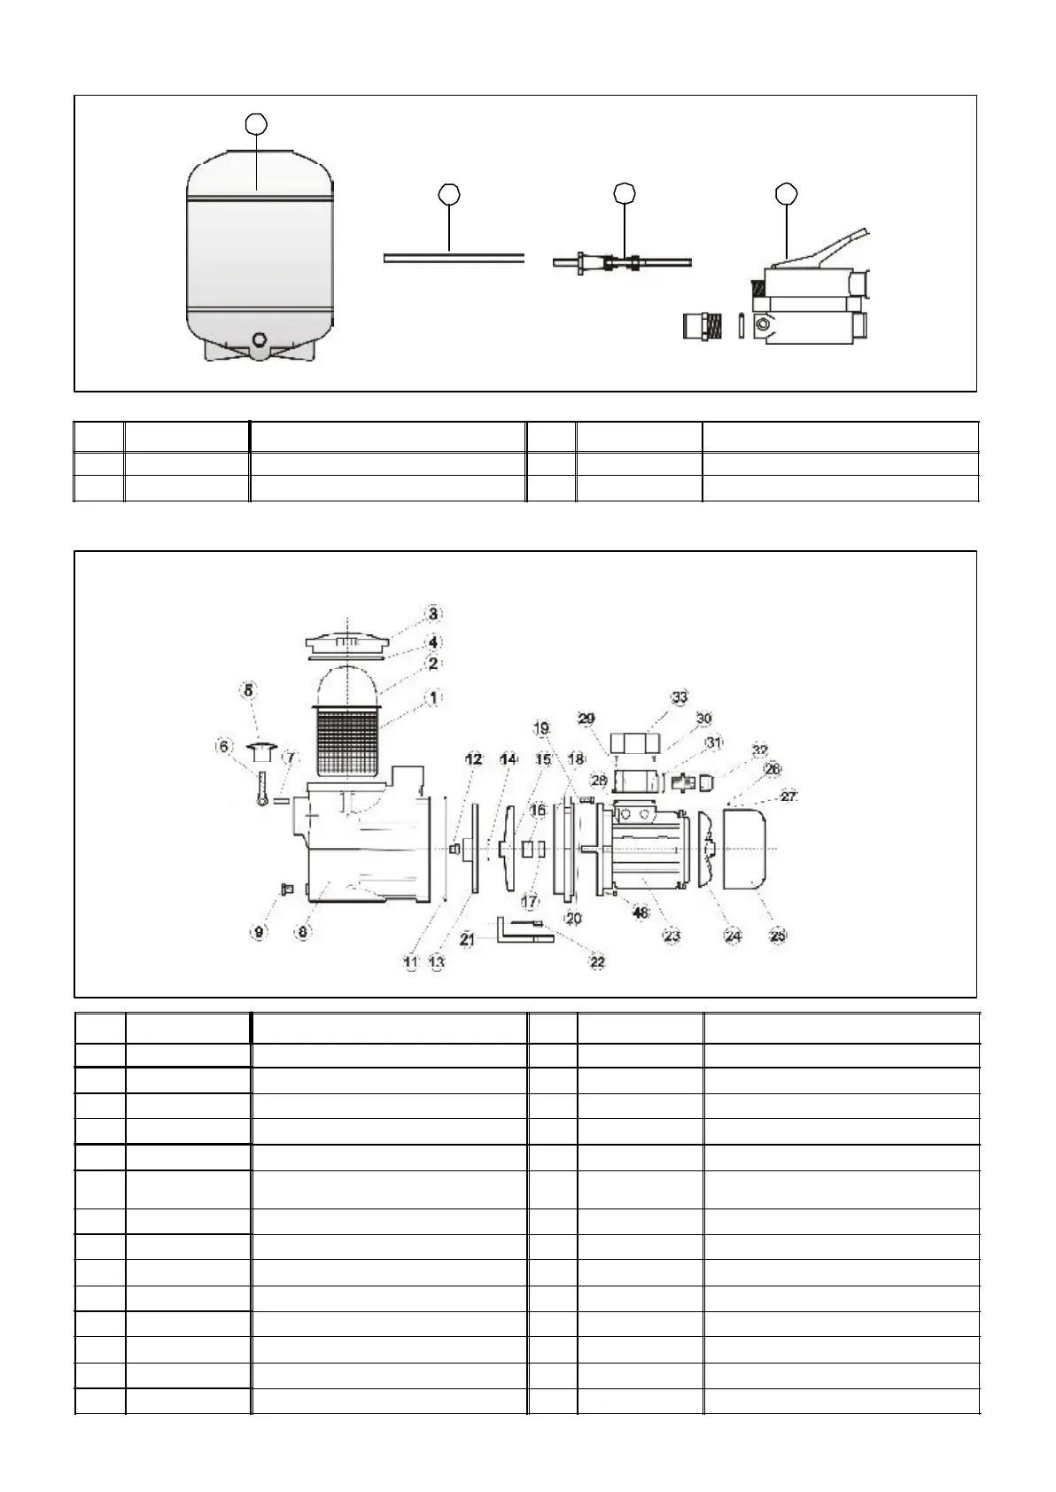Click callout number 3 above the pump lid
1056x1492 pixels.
[x=433, y=613]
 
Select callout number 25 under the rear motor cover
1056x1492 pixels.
[x=778, y=935]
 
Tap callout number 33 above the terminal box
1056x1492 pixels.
[x=679, y=697]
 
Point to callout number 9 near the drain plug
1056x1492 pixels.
[x=259, y=931]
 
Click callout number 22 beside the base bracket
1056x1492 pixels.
[x=598, y=962]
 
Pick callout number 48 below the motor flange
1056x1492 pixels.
[x=641, y=912]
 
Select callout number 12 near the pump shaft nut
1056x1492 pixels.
[x=474, y=758]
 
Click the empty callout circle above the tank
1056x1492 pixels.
[x=256, y=123]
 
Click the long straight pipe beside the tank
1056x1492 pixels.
[x=454, y=258]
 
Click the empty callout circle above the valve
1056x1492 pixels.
[x=786, y=193]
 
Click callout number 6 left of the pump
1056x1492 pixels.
[x=225, y=747]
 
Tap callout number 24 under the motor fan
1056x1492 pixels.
[x=733, y=935]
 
